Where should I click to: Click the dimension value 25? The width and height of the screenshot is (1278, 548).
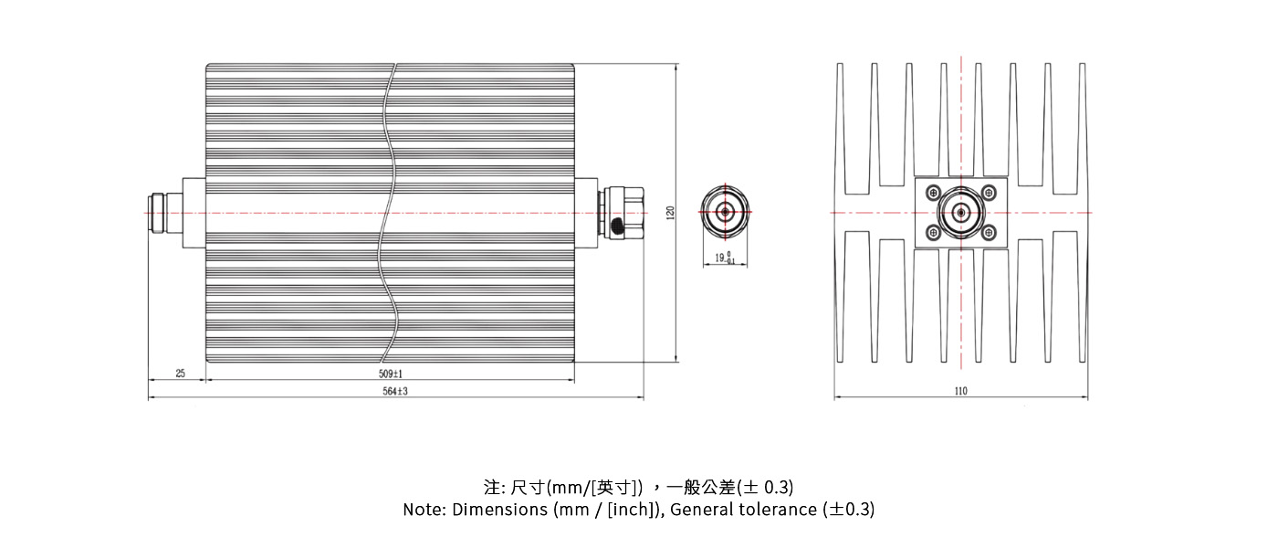click(x=180, y=374)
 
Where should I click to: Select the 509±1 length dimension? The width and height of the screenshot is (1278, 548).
click(x=391, y=374)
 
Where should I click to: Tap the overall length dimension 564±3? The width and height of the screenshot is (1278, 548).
click(x=394, y=391)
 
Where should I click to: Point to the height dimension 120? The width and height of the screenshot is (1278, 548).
click(x=671, y=212)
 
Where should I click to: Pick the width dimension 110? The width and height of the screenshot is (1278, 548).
click(x=960, y=391)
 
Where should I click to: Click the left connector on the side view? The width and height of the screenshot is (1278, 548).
click(x=164, y=212)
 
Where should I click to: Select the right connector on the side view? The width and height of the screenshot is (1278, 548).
click(x=621, y=212)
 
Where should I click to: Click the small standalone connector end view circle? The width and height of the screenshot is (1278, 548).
click(x=725, y=212)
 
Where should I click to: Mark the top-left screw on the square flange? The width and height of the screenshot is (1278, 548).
click(x=933, y=193)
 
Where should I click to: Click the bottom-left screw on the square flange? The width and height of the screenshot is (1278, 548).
click(x=933, y=233)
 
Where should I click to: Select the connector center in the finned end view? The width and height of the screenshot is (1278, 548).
click(x=960, y=213)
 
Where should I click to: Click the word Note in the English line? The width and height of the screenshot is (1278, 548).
click(x=423, y=510)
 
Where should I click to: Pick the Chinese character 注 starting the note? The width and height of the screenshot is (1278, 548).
click(x=491, y=486)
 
